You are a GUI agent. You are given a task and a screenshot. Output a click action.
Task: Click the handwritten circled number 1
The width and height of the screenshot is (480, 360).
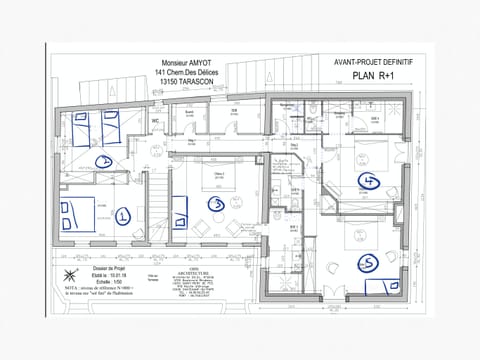(x=123, y=215)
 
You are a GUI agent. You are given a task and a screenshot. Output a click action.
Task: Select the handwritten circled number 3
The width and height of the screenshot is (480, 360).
(x=213, y=204)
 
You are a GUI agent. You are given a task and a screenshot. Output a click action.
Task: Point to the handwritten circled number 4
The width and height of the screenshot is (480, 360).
(x=369, y=181)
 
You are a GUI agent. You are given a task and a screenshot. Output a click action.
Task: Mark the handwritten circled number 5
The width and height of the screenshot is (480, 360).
(x=368, y=263)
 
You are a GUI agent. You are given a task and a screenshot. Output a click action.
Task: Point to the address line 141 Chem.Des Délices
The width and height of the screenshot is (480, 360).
(x=193, y=71)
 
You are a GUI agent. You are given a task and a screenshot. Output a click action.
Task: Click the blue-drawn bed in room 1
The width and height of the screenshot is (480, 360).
(x=82, y=215)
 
